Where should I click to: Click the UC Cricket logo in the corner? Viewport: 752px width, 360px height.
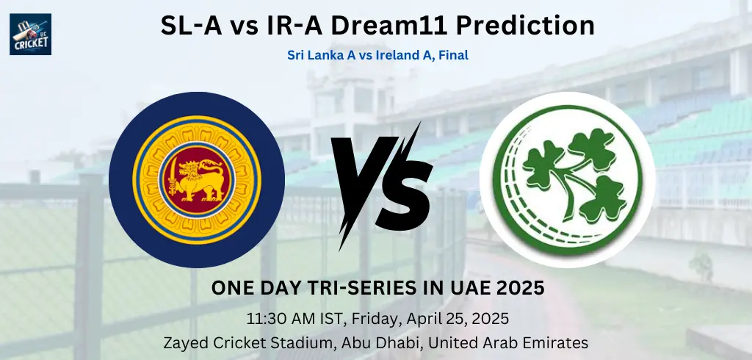click(30, 34)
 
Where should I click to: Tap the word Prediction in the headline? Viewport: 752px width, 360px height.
click(525, 26)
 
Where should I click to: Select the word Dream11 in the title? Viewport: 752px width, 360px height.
click(389, 26)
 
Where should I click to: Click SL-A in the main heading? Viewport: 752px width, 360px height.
click(191, 26)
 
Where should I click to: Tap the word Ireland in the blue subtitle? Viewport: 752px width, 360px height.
click(397, 55)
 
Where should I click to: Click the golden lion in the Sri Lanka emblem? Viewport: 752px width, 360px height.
click(200, 180)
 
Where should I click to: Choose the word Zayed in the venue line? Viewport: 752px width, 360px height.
click(182, 343)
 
